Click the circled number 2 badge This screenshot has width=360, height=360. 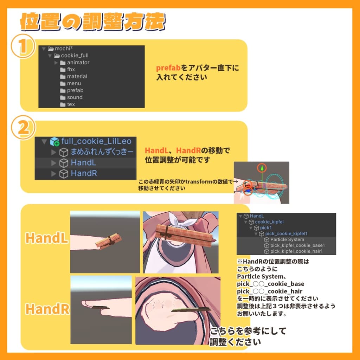(23, 129)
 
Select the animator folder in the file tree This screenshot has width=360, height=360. (78, 63)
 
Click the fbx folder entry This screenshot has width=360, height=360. (71, 70)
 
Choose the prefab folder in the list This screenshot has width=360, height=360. (75, 90)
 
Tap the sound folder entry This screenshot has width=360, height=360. (75, 97)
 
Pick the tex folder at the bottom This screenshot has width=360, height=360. (71, 104)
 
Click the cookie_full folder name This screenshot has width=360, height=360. (75, 56)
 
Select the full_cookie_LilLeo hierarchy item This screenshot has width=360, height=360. (96, 141)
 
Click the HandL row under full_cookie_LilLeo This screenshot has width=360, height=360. (83, 163)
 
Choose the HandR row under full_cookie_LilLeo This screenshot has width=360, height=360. (84, 174)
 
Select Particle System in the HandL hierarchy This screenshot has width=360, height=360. (287, 239)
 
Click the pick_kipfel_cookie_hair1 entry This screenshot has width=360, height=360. (296, 251)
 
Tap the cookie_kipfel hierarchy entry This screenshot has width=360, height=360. (269, 222)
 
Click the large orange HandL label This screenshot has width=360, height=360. (46, 238)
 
